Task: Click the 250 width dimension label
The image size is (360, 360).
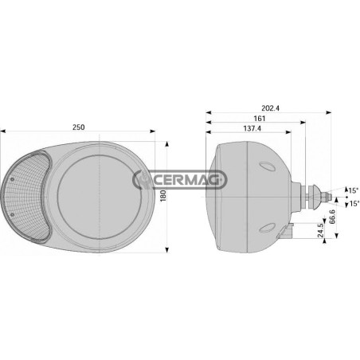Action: (x=79, y=127)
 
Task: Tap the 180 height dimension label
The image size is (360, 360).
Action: (x=163, y=196)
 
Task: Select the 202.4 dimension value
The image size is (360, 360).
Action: (x=270, y=108)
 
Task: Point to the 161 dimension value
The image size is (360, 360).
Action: (x=260, y=118)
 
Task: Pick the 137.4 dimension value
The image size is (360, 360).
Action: (x=252, y=128)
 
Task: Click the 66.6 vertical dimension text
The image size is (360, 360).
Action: (x=332, y=217)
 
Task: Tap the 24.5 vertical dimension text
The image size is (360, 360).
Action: (x=320, y=230)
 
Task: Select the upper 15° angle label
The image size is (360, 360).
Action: (x=353, y=190)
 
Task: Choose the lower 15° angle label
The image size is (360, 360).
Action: (x=354, y=204)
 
